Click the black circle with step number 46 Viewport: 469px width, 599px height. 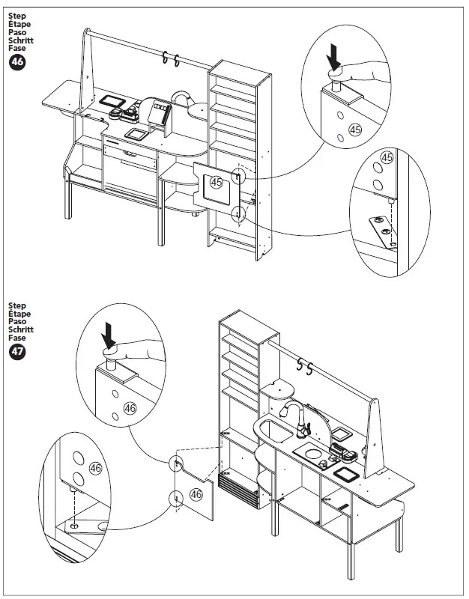point(16,63)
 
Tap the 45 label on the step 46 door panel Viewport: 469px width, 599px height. point(217,182)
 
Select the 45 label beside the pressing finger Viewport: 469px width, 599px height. point(356,130)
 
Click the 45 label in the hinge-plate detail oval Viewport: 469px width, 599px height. point(387,158)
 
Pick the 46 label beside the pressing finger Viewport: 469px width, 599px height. point(130,408)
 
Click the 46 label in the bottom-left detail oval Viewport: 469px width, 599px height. point(95,468)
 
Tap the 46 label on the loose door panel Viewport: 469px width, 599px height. point(196,494)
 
